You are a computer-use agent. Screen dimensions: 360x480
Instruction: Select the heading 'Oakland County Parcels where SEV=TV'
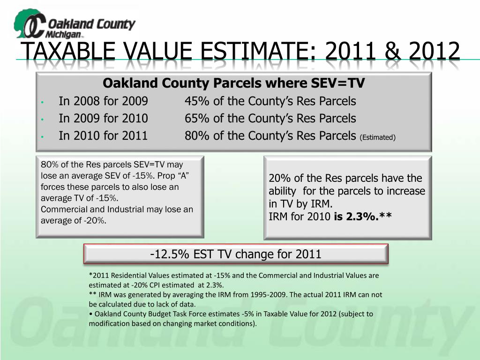coord(233,83)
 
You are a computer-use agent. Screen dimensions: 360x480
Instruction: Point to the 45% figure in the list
coord(197,101)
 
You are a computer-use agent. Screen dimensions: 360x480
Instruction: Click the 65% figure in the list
coord(197,119)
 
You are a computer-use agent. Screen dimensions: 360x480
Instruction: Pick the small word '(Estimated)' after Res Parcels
coord(378,137)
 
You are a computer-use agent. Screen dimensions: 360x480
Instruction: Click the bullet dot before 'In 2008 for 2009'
coord(42,102)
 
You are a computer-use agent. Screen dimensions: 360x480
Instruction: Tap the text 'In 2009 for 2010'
coord(103,119)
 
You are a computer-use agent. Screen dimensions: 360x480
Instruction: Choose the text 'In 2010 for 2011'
coord(103,136)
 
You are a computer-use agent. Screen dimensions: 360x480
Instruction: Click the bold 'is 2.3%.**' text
coord(363,217)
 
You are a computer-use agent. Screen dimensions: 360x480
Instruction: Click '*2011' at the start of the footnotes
coord(98,276)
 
